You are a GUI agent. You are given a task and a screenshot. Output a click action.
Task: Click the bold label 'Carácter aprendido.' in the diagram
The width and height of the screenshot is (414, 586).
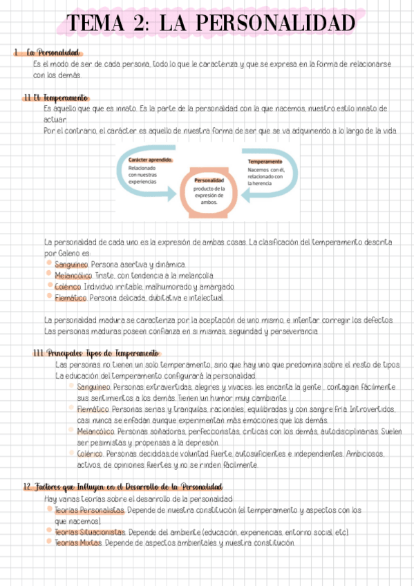click(150, 159)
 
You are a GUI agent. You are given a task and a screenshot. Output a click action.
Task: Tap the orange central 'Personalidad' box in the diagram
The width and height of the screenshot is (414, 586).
click(209, 191)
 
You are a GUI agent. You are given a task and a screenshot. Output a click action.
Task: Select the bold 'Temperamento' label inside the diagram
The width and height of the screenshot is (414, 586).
click(265, 162)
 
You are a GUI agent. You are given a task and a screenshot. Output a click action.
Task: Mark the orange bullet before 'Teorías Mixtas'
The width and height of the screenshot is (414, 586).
click(49, 542)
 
